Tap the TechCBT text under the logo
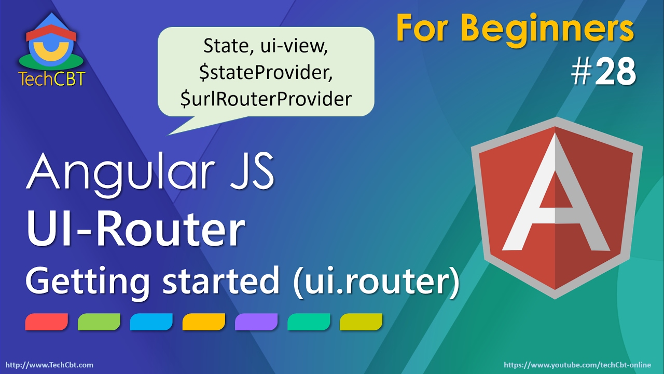click(51, 78)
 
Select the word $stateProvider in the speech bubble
click(266, 73)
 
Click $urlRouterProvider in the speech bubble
click(266, 99)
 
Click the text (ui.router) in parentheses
click(377, 282)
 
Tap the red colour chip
click(47, 322)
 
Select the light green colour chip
click(99, 322)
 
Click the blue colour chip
click(151, 322)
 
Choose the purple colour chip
click(256, 322)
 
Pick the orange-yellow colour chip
click(204, 322)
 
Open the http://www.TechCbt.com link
click(49, 365)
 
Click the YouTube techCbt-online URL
click(580, 365)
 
